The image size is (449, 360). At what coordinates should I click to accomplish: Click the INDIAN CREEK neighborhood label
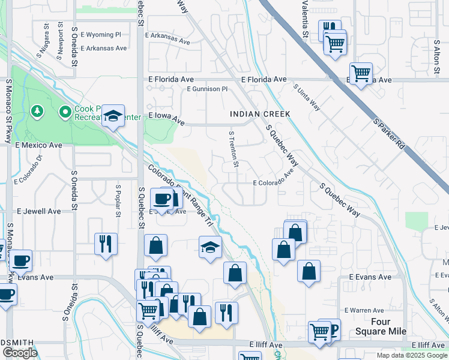click(x=260, y=114)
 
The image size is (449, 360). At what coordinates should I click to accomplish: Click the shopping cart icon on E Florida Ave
click(x=361, y=74)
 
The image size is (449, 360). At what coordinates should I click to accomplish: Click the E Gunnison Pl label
click(x=207, y=89)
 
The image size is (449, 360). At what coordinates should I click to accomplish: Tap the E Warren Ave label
click(x=364, y=310)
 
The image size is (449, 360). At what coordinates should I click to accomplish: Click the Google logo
click(x=20, y=353)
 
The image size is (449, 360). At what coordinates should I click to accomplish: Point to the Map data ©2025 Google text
click(x=411, y=355)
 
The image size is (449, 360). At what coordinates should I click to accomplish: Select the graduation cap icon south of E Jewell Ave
click(x=210, y=247)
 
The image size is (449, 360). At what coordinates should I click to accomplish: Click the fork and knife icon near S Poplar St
click(x=106, y=244)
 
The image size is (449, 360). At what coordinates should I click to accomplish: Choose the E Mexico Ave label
click(x=39, y=145)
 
